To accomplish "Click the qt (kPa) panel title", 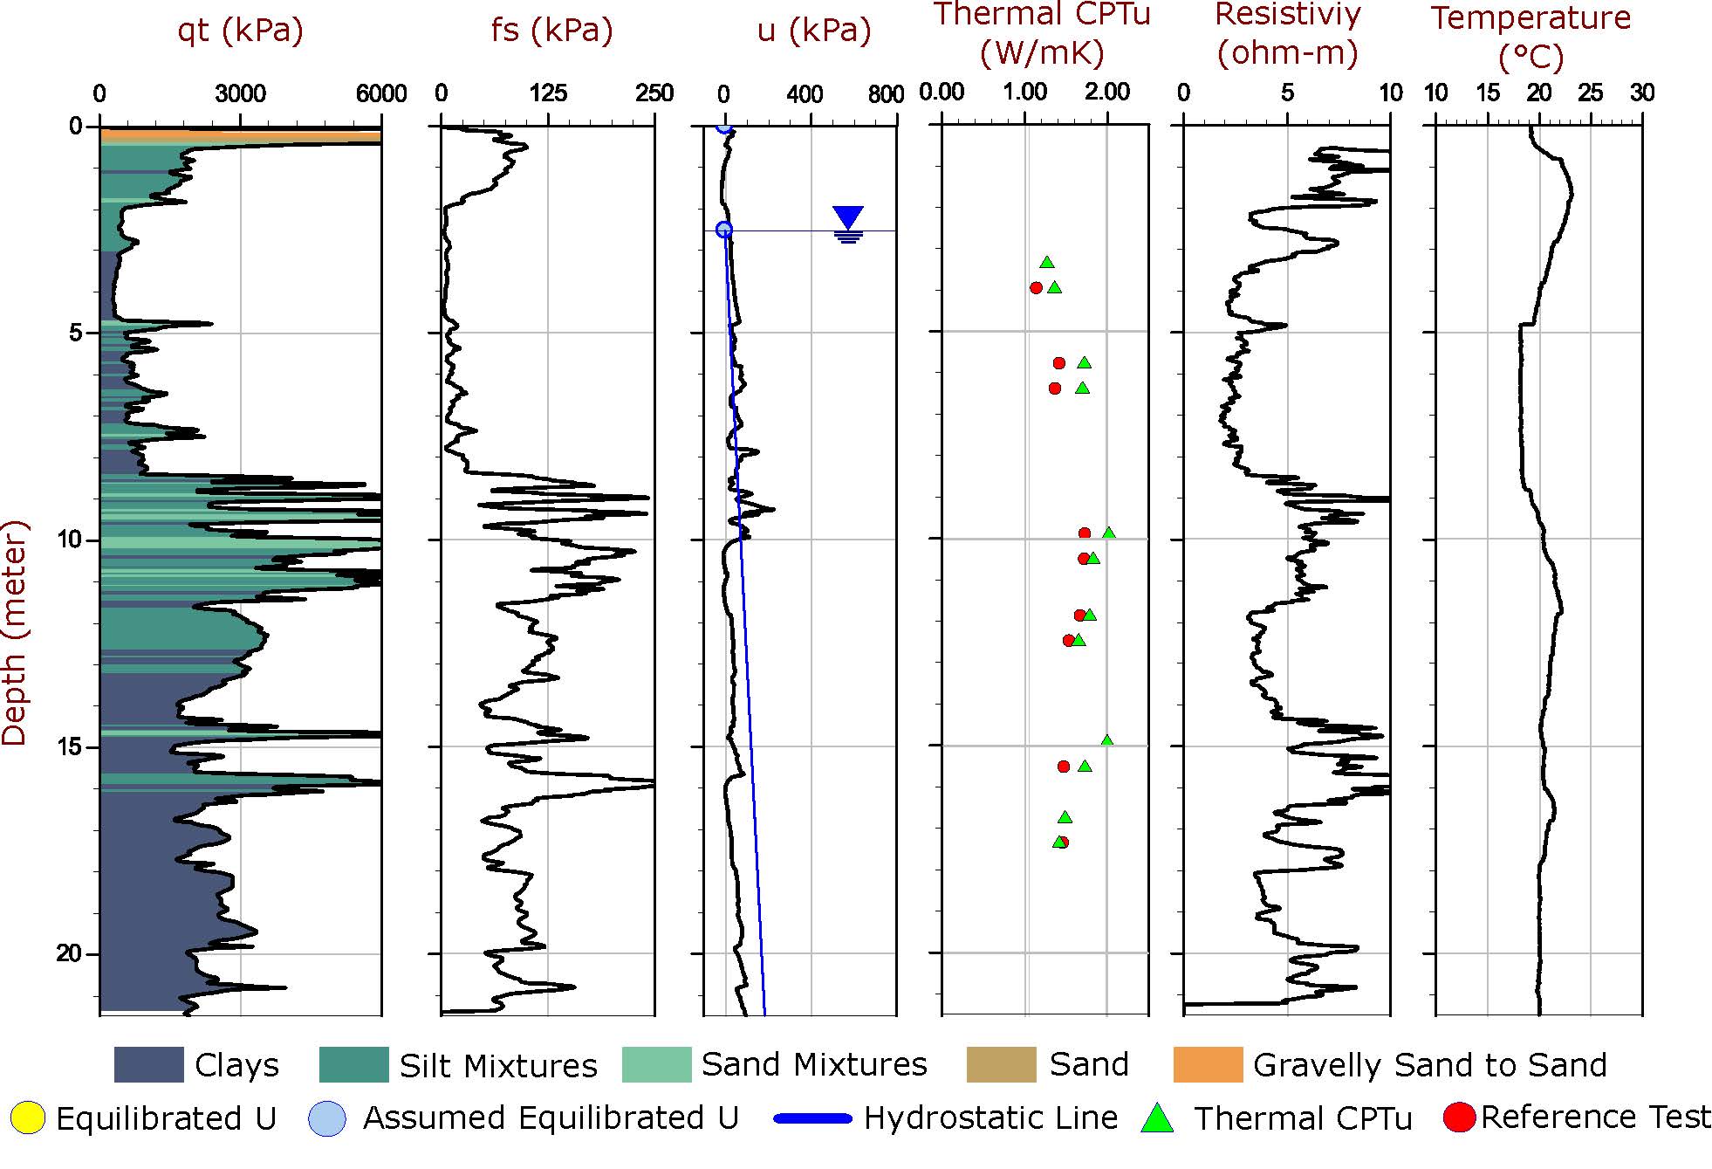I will pos(240,31).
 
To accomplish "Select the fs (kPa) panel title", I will pos(551,31).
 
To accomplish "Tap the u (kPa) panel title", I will pos(813,31).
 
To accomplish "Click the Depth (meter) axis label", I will pos(15,633).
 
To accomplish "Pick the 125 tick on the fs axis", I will pos(548,93).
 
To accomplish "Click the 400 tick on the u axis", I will pos(805,93).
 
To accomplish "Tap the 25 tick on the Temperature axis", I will pos(1591,93).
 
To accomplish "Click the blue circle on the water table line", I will pos(723,230).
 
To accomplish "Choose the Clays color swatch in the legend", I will pos(148,1065).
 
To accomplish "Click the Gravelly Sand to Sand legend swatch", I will pos(1208,1065).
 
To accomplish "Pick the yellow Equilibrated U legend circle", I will pos(28,1118).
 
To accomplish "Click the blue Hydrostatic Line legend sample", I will pos(812,1118).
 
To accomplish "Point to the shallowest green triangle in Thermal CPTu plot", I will pos(1047,262).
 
